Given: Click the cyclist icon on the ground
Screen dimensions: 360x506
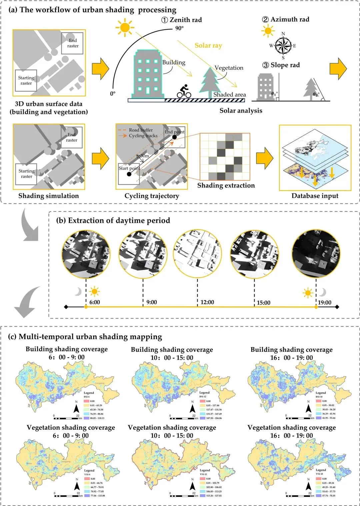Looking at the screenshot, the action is [184, 91].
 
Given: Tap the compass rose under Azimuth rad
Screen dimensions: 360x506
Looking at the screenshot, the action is [283, 46].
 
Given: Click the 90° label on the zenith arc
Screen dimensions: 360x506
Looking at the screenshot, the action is [179, 28].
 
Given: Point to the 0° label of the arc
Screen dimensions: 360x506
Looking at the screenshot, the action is [113, 94].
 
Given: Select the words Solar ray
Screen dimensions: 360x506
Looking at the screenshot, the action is [208, 46].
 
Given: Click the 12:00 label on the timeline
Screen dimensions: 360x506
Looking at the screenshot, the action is [207, 302].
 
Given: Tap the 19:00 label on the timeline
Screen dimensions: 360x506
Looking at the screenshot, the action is [324, 302].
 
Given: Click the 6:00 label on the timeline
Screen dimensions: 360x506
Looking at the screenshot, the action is [95, 302].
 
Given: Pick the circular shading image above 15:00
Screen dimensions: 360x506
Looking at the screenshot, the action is [254, 254].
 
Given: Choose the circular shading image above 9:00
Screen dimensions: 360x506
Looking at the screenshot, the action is [143, 254].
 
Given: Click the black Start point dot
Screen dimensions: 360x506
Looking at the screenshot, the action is [129, 174].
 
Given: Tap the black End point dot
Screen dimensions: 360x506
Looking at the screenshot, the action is [174, 138].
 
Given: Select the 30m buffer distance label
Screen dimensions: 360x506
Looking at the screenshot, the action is [145, 156].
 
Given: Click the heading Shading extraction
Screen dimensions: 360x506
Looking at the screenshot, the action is [226, 186].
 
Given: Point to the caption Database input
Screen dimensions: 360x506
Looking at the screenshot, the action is [315, 196].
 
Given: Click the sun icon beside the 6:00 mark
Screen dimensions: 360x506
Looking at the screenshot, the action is [94, 291].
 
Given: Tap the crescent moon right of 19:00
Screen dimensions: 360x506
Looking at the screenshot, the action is [322, 292].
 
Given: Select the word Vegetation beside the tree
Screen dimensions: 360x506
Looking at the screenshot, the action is [229, 68].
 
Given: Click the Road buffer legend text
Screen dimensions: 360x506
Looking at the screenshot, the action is [141, 130].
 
